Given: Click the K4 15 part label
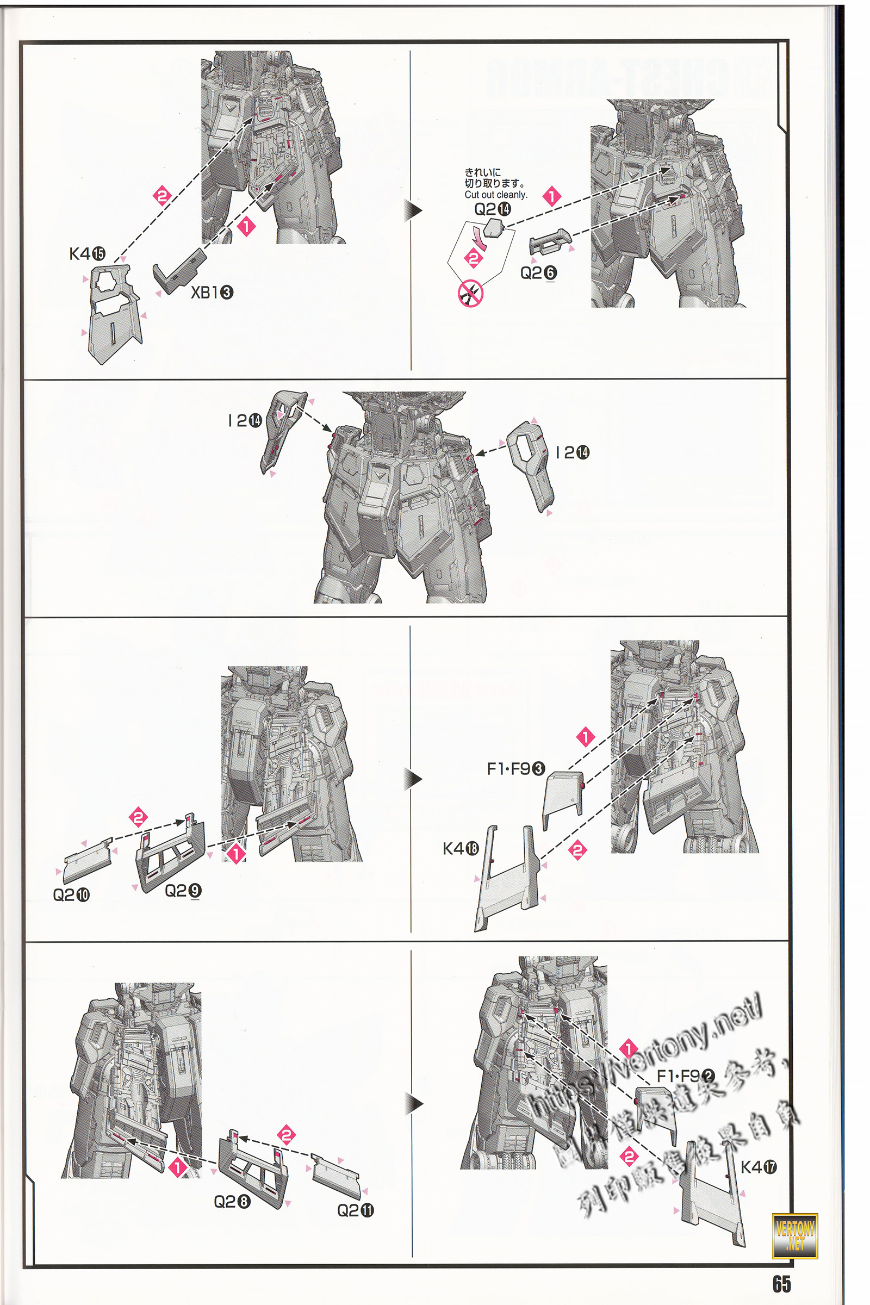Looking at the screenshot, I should pos(87,254).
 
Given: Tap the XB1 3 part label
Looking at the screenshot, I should pos(212,293).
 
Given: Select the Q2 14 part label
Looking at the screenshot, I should pos(492,209).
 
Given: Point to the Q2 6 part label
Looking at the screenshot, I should pos(538,273).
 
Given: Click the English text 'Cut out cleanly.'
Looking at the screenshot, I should pos(495,195).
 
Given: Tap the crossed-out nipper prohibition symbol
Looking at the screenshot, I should pos(470,293).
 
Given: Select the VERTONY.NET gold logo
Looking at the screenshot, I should pos(794,1235).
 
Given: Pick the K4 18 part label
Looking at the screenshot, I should pos(461,848).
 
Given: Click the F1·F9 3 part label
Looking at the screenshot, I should pos(515,768).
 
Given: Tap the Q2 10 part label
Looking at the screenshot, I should pos(71,895).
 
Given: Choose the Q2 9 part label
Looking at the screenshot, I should pos(183,891).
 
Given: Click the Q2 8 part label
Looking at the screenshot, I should pos(232,1202).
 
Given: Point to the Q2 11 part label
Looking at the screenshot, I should pos(356,1210).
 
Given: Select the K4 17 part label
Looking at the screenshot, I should pos(759,1167).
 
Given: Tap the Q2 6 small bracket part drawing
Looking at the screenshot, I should pos(549,242).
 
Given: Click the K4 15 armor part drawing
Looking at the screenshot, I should pos(114,314).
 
